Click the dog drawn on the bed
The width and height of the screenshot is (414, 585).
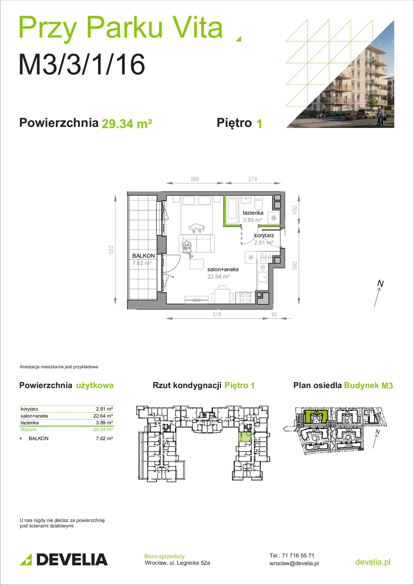point(197,228)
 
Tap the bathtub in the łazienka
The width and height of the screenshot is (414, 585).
point(232,210)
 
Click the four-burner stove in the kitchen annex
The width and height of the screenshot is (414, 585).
point(246,297)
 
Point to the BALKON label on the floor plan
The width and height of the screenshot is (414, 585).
point(144,256)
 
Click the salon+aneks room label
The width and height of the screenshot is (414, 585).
point(223,269)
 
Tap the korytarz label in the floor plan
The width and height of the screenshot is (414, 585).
point(264,235)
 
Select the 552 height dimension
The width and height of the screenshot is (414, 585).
point(111,250)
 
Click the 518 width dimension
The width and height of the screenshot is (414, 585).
point(217,314)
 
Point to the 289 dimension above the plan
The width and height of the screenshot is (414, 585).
point(195,179)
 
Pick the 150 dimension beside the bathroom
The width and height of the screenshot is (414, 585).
point(294,209)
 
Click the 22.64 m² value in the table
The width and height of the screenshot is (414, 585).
point(103,416)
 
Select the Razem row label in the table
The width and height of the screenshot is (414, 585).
point(28,429)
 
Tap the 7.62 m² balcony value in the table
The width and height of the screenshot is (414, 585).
point(104,438)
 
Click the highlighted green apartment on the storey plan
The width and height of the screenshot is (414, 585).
point(245,437)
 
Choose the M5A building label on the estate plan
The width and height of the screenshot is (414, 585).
point(349,430)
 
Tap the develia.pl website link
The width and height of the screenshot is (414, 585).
point(373,562)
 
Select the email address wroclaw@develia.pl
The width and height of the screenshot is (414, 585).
point(294,563)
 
